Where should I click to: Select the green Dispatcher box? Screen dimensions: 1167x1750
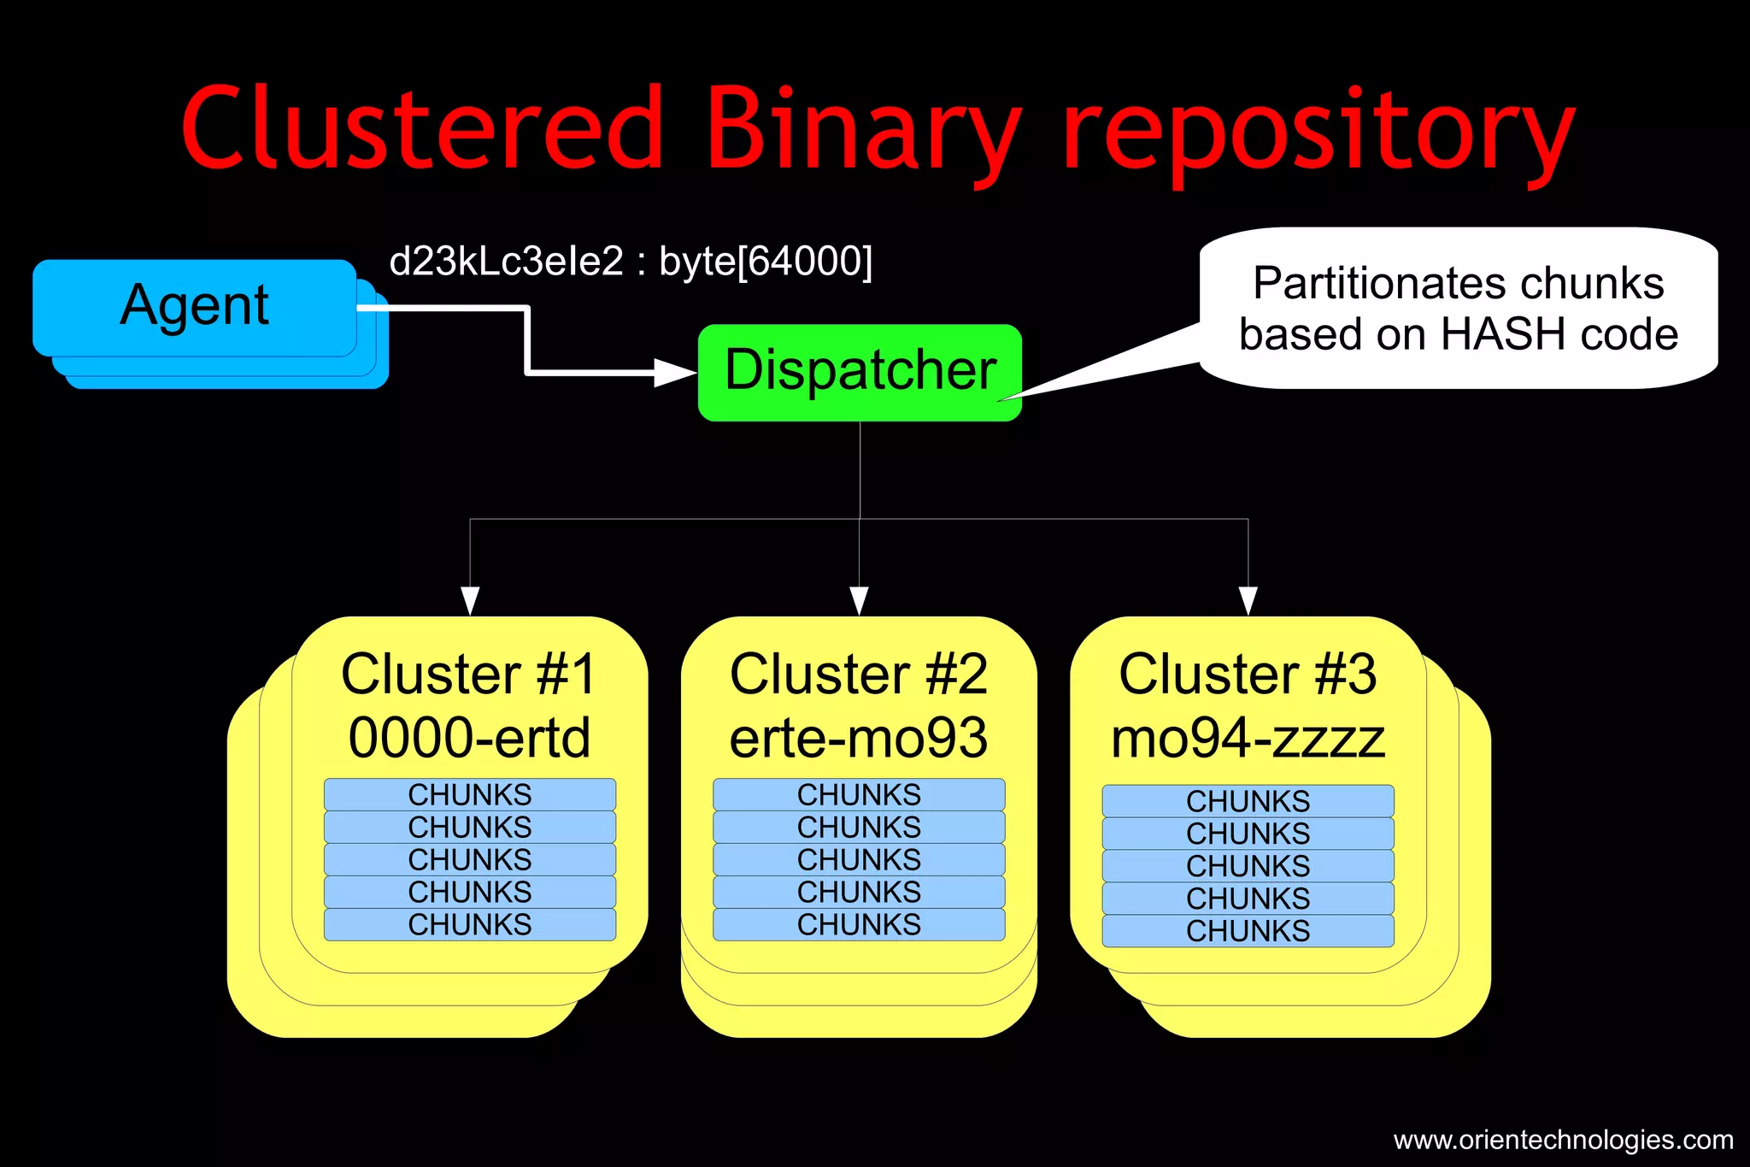[860, 372]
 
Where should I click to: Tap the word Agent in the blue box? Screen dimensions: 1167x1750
[195, 305]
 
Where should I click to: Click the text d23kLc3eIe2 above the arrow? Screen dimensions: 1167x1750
[506, 262]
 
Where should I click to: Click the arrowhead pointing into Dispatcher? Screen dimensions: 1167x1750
[674, 373]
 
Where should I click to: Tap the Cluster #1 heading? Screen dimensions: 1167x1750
[469, 675]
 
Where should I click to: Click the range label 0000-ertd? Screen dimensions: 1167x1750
[469, 738]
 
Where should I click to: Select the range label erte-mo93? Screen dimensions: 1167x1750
[859, 738]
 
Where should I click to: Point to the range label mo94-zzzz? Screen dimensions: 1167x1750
[1248, 738]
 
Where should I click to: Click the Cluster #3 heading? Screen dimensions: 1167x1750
[1248, 675]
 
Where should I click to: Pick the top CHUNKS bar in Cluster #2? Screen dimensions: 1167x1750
[859, 794]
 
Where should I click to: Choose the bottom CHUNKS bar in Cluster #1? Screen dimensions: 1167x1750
[469, 924]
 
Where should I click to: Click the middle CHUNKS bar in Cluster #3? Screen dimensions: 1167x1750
[1248, 865]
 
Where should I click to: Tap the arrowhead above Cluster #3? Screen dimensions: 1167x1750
[1248, 600]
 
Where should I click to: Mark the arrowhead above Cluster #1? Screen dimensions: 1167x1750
[470, 600]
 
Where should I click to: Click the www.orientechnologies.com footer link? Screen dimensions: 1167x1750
[1563, 1140]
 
